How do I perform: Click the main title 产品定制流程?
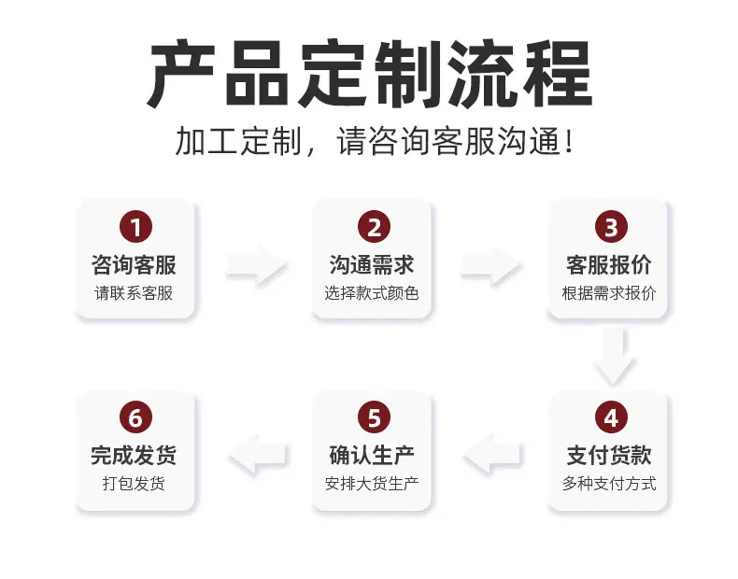pyautogui.click(x=370, y=74)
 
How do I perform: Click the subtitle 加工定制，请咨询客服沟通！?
pyautogui.click(x=376, y=141)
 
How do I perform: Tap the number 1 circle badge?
pyautogui.click(x=135, y=227)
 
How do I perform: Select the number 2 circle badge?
pyautogui.click(x=374, y=227)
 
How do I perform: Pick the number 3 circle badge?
pyautogui.click(x=611, y=227)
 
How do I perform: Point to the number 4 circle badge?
pyautogui.click(x=611, y=417)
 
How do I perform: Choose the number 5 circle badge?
pyautogui.click(x=374, y=417)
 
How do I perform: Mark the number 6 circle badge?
pyautogui.click(x=135, y=417)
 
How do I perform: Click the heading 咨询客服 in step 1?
pyautogui.click(x=134, y=265)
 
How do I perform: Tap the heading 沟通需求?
pyautogui.click(x=372, y=265)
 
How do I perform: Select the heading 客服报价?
pyautogui.click(x=609, y=265)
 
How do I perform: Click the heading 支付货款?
pyautogui.click(x=609, y=456)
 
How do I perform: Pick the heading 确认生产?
pyautogui.click(x=372, y=456)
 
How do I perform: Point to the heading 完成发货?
pyautogui.click(x=134, y=456)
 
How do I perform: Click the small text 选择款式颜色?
pyautogui.click(x=372, y=293)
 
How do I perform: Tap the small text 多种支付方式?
pyautogui.click(x=609, y=484)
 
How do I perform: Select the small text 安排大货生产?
pyautogui.click(x=372, y=484)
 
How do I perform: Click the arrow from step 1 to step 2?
pyautogui.click(x=257, y=265)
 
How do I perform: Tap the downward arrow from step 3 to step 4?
pyautogui.click(x=614, y=357)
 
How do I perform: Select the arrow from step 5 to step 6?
pyautogui.click(x=258, y=455)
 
